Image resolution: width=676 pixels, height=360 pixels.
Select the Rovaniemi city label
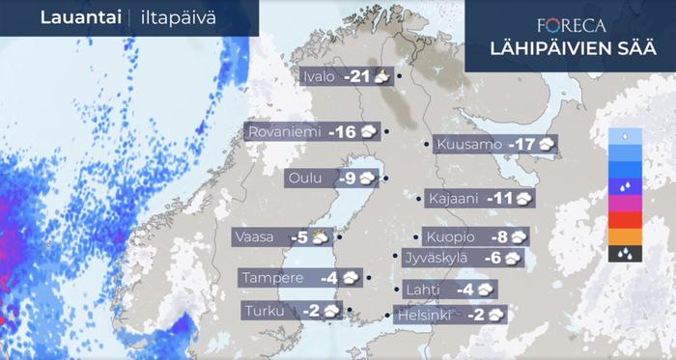[x=284, y=131]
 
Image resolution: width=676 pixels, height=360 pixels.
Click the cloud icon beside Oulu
[x=369, y=178]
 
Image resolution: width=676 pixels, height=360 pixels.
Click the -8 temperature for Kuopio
[x=498, y=236]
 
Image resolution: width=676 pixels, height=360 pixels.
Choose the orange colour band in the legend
[x=626, y=236]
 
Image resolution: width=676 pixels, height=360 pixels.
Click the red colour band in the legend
[x=626, y=220]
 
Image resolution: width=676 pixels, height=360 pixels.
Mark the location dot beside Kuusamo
[x=427, y=145]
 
